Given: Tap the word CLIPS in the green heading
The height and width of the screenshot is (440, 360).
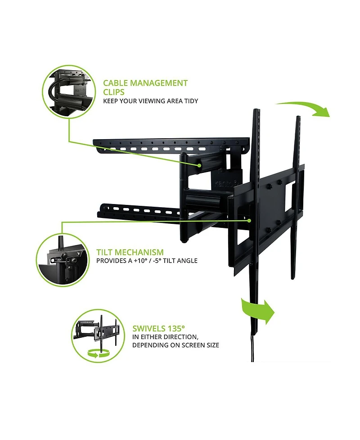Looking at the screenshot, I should point(114,92).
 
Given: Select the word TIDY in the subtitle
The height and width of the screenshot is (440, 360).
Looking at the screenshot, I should point(190,101).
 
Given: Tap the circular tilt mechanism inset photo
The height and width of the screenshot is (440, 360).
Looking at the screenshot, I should point(62,260).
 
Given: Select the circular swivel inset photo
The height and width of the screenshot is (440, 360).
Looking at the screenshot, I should point(98,336).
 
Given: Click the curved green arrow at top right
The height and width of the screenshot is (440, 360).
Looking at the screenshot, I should point(308,109).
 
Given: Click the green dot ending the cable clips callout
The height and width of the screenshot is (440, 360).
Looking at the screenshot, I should point(198,166).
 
